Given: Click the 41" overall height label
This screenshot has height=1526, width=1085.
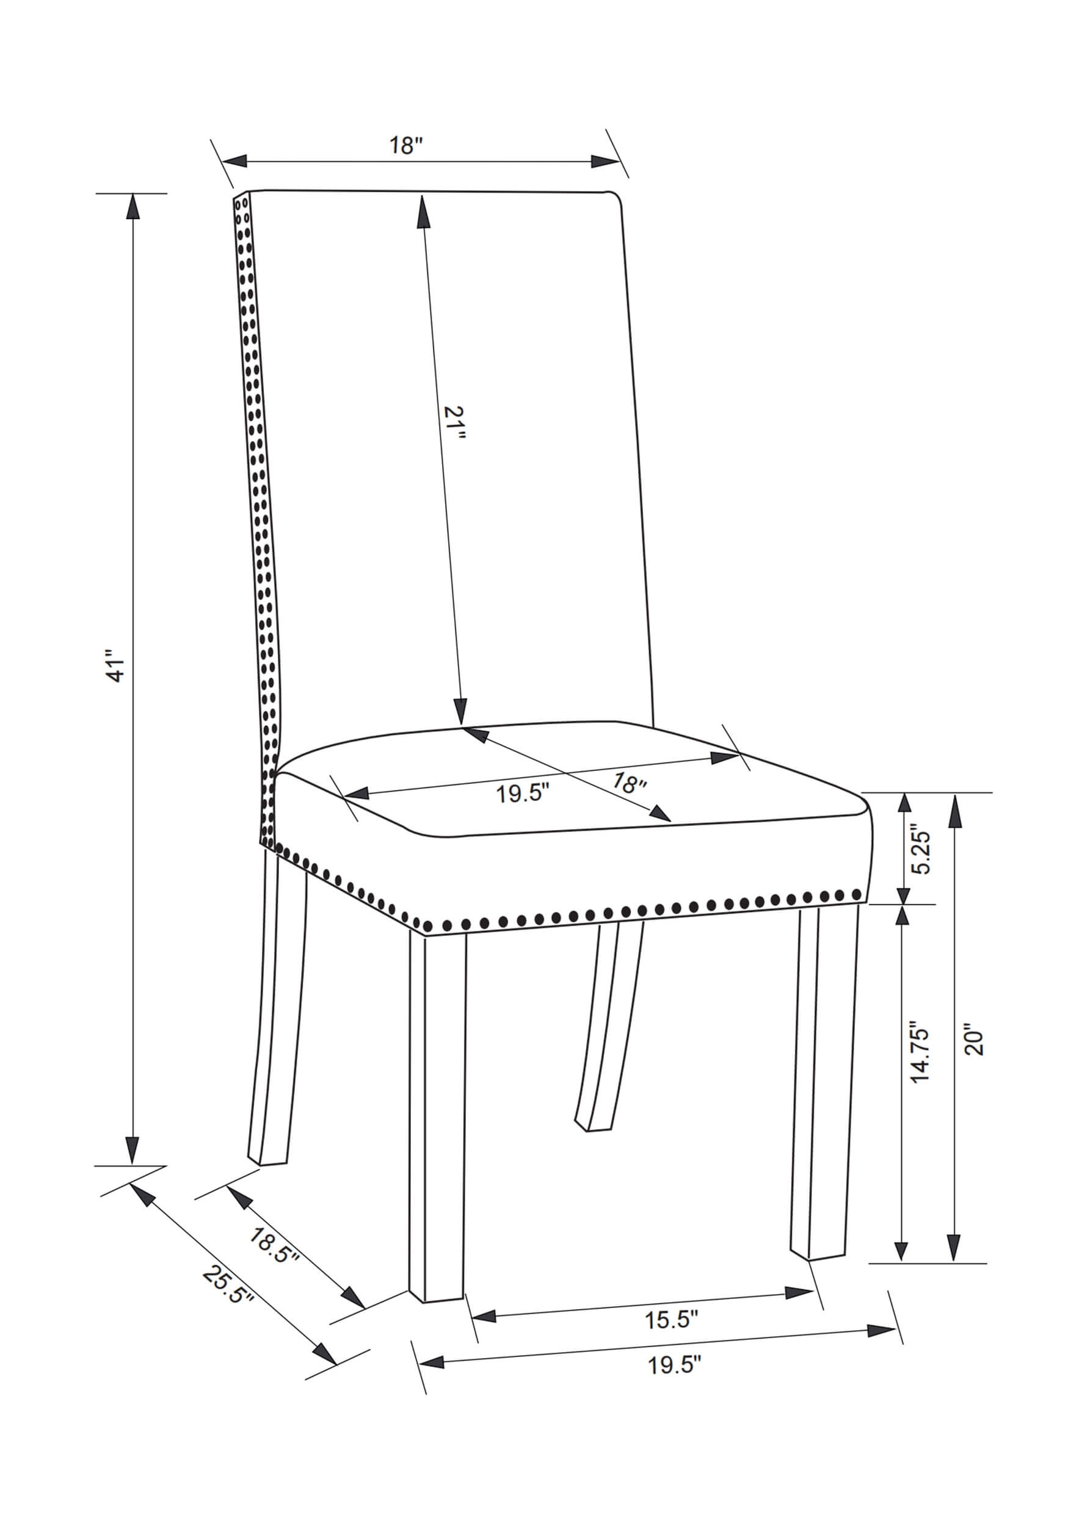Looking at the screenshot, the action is tap(118, 665).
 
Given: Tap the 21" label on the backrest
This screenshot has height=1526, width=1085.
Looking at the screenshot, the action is tap(454, 423).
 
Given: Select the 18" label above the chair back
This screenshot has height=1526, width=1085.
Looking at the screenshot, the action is tap(407, 146).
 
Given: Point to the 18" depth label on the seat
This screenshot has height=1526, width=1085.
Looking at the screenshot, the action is tap(629, 782).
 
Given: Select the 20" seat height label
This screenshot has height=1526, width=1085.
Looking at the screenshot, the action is tap(974, 1043).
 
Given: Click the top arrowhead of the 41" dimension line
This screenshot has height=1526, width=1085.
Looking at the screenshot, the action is tap(134, 206).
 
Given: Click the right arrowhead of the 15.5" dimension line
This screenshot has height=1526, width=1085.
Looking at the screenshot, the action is tap(800, 1292).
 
